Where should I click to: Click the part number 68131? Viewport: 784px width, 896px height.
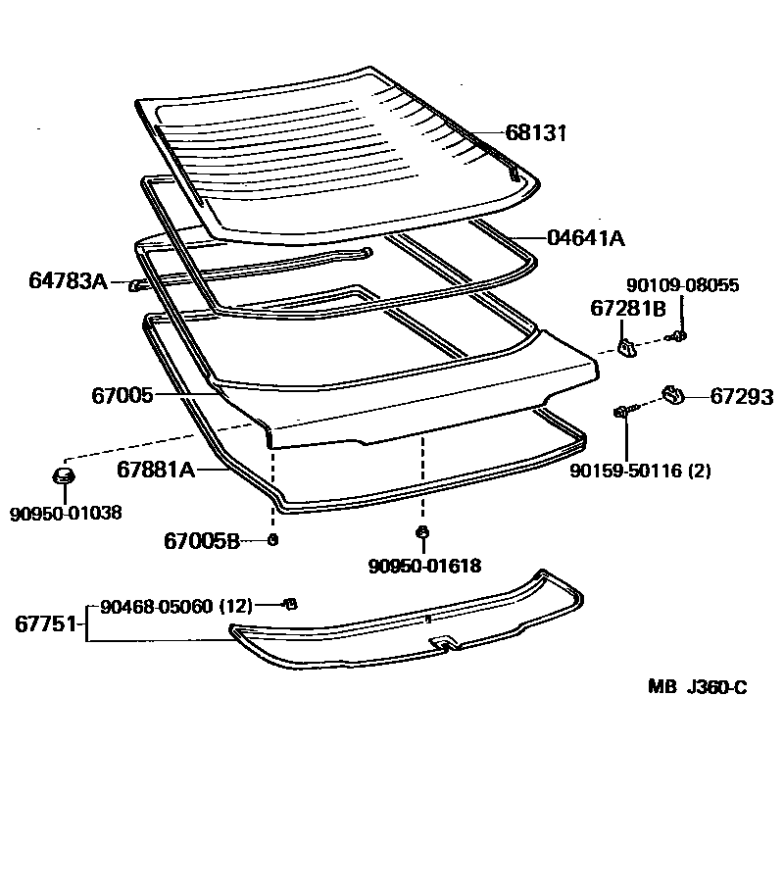pyautogui.click(x=536, y=133)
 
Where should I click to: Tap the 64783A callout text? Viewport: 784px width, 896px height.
pyautogui.click(x=68, y=282)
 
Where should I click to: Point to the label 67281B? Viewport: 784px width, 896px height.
pyautogui.click(x=628, y=308)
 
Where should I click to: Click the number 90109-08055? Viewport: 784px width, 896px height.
pyautogui.click(x=683, y=285)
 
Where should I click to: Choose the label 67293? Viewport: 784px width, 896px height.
pyautogui.click(x=742, y=397)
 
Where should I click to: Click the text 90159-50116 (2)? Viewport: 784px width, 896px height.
pyautogui.click(x=641, y=471)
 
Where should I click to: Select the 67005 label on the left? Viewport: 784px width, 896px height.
pyautogui.click(x=122, y=395)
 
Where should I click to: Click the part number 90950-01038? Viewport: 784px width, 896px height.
pyautogui.click(x=66, y=512)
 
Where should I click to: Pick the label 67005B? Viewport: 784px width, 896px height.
pyautogui.click(x=201, y=540)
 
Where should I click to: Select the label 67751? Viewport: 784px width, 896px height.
pyautogui.click(x=46, y=622)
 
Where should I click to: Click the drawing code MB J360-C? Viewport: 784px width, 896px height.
pyautogui.click(x=697, y=687)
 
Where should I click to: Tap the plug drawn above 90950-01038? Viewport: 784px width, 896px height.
pyautogui.click(x=64, y=477)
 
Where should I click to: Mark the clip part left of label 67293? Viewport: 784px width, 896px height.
pyautogui.click(x=673, y=394)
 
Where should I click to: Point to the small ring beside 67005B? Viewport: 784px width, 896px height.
pyautogui.click(x=273, y=540)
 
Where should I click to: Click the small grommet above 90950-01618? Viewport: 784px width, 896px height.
pyautogui.click(x=422, y=532)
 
